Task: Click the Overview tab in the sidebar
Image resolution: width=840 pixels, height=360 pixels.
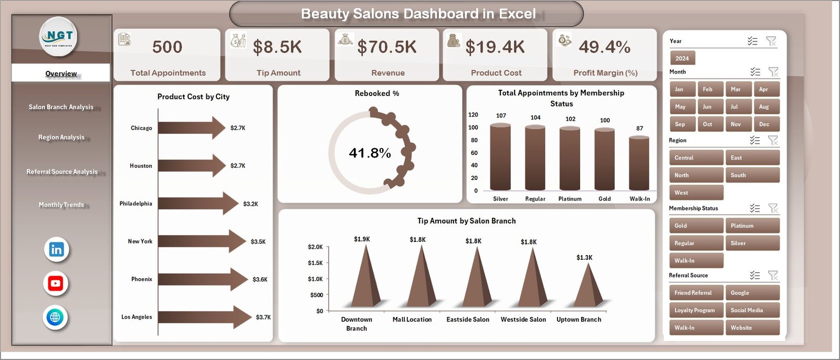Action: pyautogui.click(x=61, y=73)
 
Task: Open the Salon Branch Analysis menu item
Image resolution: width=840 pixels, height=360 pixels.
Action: pyautogui.click(x=61, y=107)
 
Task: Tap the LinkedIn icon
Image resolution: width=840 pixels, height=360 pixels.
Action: pyautogui.click(x=56, y=250)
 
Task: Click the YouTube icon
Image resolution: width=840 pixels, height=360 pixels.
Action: pyautogui.click(x=56, y=283)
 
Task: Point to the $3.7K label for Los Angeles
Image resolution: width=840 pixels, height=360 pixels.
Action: pyautogui.click(x=263, y=317)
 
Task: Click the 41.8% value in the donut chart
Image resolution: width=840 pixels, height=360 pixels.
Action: pyautogui.click(x=370, y=153)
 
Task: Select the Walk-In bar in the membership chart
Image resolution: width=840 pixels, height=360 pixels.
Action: pyautogui.click(x=639, y=163)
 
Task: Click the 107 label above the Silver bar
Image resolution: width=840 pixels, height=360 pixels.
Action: pyautogui.click(x=501, y=115)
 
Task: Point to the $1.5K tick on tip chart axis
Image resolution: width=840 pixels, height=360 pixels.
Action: pyautogui.click(x=315, y=263)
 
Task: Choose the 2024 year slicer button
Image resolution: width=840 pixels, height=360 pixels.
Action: pyautogui.click(x=682, y=58)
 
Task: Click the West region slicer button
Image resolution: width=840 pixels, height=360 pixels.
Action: pyautogui.click(x=696, y=193)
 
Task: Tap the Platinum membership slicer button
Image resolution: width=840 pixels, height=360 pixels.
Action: pyautogui.click(x=752, y=226)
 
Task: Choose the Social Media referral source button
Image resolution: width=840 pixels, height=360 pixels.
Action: pyautogui.click(x=752, y=310)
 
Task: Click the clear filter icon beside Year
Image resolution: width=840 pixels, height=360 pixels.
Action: pyautogui.click(x=771, y=41)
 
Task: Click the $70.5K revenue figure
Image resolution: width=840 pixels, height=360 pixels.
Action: pyautogui.click(x=387, y=47)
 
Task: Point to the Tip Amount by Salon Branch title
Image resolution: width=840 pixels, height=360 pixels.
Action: pyautogui.click(x=466, y=221)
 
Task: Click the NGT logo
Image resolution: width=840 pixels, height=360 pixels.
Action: pyautogui.click(x=59, y=37)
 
